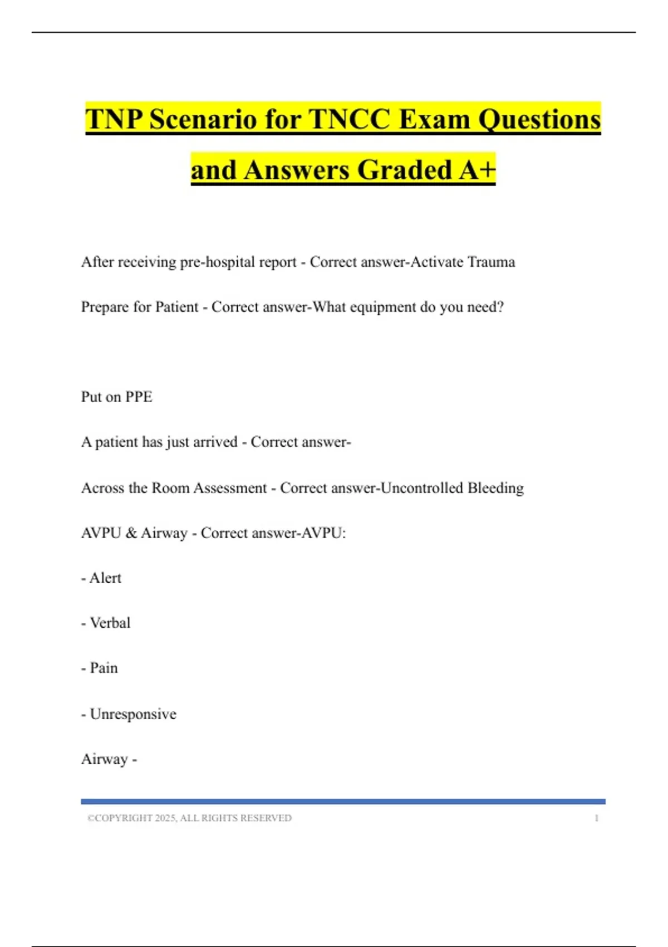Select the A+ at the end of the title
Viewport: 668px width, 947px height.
pos(477,170)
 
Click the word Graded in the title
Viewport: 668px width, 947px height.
pos(405,170)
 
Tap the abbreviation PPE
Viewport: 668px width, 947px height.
pos(139,397)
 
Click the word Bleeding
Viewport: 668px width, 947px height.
pos(495,488)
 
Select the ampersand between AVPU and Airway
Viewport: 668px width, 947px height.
pos(131,533)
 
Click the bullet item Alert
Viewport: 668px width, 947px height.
pos(105,578)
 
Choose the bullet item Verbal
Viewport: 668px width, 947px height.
pos(110,623)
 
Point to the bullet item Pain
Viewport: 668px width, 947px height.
pos(104,668)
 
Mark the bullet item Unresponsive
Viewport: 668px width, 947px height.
pos(133,714)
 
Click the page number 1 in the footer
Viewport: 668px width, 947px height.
pos(596,818)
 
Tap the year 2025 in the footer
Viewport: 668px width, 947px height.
pos(165,818)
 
